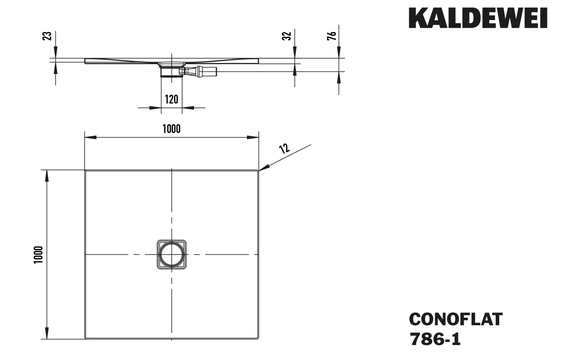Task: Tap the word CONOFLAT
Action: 455,319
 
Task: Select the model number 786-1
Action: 435,339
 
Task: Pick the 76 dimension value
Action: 332,36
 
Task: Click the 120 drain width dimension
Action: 172,99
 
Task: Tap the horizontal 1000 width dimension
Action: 172,129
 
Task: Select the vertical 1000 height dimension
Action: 39,255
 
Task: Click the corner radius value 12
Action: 284,148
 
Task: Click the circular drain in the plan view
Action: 172,254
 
